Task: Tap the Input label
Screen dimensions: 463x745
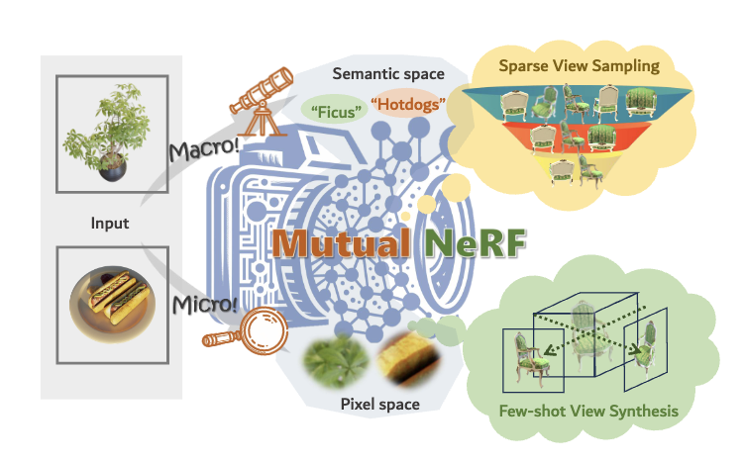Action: point(108,223)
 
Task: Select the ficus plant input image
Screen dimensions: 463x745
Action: point(108,133)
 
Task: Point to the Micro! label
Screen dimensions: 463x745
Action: point(204,300)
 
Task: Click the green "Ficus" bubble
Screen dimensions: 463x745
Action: point(332,106)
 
